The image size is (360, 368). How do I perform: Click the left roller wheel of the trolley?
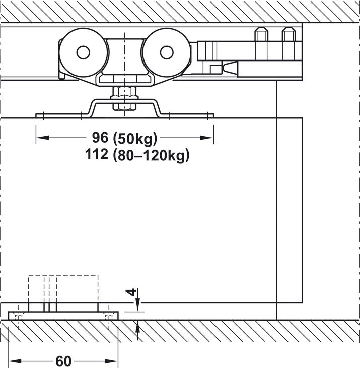[83, 52]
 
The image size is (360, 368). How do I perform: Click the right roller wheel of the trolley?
[165, 52]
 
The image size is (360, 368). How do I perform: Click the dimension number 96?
[100, 137]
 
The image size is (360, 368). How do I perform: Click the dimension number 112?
[97, 155]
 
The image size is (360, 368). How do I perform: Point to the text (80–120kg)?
[151, 155]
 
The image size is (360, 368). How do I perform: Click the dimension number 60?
[63, 361]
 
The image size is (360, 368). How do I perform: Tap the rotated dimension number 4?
[130, 292]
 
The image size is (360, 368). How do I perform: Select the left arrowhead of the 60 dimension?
[14, 361]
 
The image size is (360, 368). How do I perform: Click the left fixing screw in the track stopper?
[261, 35]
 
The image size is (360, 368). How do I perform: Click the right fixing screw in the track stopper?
[287, 35]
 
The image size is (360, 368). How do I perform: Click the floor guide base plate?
[63, 316]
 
